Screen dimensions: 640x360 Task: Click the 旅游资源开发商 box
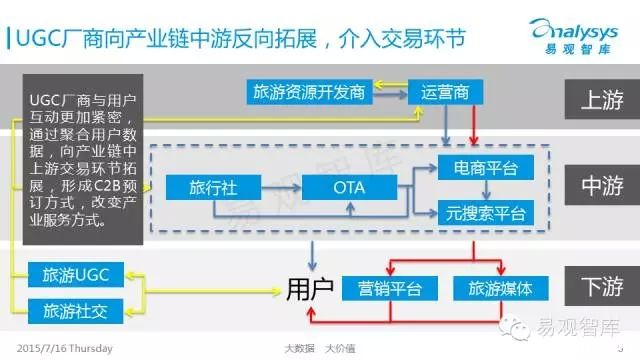point(309,92)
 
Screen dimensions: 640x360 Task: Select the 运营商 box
point(445,92)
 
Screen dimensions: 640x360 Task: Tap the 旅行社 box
point(213,187)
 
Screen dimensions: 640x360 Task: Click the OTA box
point(349,187)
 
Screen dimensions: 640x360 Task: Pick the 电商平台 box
point(486,167)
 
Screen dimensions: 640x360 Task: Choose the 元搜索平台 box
point(486,212)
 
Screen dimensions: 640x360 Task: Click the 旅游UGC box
point(76,275)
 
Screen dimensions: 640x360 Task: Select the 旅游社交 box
point(76,311)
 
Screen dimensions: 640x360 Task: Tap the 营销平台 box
point(390,288)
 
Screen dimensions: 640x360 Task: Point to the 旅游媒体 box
point(501,288)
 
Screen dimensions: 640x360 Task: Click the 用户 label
point(310,289)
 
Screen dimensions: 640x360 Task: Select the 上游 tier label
point(602,99)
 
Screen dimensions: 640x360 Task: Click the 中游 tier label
point(602,185)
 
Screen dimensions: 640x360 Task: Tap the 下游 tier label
point(602,286)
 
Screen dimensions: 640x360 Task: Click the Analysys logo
point(574,36)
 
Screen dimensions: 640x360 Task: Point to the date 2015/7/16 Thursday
point(64,348)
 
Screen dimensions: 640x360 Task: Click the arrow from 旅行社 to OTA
point(281,187)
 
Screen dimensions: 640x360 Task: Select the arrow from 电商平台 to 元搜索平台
point(486,189)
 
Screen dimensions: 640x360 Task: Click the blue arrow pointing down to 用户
point(312,256)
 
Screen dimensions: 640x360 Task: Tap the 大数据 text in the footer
point(300,348)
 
